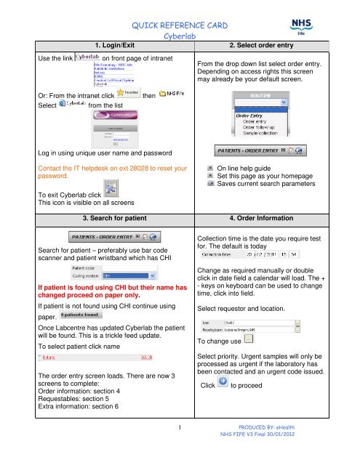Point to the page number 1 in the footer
[179, 448]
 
